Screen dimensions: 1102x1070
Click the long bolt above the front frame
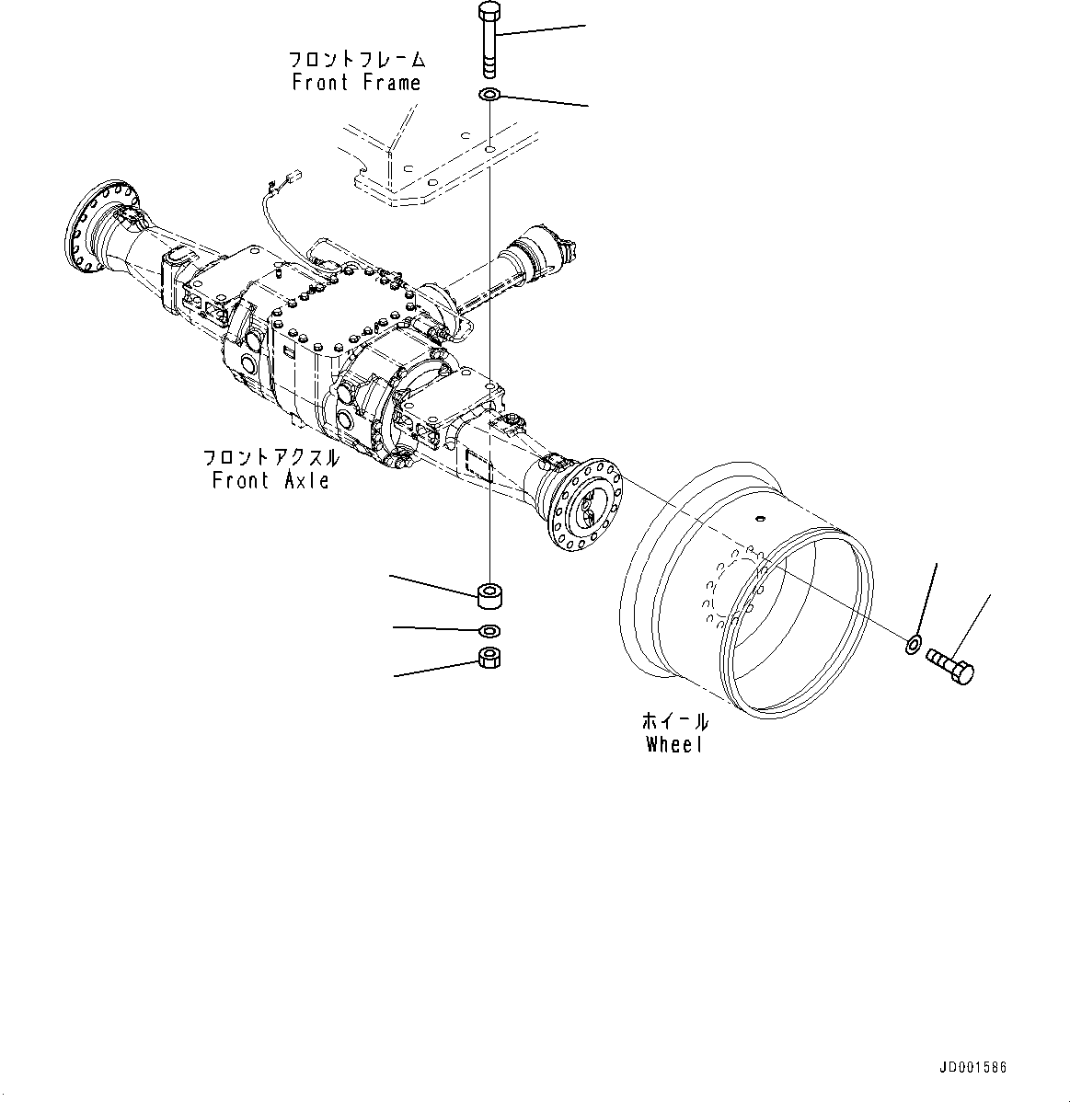tap(489, 42)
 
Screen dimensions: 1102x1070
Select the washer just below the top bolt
tap(489, 94)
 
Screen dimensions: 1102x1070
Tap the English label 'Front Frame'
tap(356, 83)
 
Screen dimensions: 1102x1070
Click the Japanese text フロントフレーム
tap(357, 60)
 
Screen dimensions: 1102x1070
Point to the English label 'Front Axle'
tap(270, 480)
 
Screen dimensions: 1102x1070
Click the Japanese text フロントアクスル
tap(270, 457)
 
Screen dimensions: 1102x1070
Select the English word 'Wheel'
tap(673, 745)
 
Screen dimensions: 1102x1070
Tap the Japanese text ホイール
tap(674, 721)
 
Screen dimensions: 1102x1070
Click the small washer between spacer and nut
tap(490, 631)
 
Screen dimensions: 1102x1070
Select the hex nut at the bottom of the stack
tap(490, 658)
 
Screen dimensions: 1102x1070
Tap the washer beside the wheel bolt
tap(912, 642)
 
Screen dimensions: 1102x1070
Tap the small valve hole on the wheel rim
tap(760, 518)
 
